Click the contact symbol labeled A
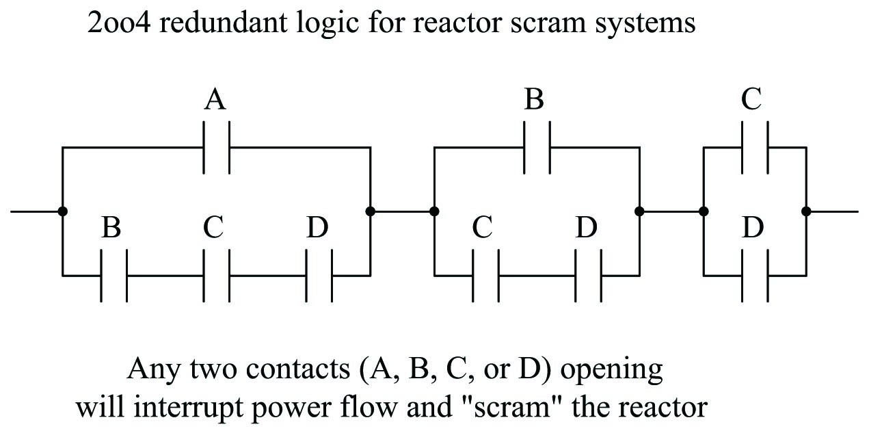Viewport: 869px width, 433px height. pyautogui.click(x=217, y=147)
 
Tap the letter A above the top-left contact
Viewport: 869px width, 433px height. pyautogui.click(x=215, y=101)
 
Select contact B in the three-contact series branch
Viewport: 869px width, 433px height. pyautogui.click(x=113, y=276)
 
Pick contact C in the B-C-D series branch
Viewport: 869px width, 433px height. pyautogui.click(x=217, y=276)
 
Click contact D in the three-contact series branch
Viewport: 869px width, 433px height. pyautogui.click(x=319, y=276)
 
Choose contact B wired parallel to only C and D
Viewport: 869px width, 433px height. pyautogui.click(x=537, y=147)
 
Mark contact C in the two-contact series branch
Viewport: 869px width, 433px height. pyautogui.click(x=485, y=276)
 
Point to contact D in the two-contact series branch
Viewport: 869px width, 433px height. pyautogui.click(x=589, y=276)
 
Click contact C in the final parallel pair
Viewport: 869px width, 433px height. pyautogui.click(x=755, y=147)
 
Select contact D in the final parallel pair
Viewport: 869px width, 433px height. pyautogui.click(x=755, y=276)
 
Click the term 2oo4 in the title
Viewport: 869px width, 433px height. pyautogui.click(x=117, y=25)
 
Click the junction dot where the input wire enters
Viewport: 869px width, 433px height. pyautogui.click(x=62, y=211)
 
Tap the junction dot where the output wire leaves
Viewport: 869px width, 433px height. pyautogui.click(x=806, y=211)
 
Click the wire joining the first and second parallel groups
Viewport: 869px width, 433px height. pyautogui.click(x=402, y=211)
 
